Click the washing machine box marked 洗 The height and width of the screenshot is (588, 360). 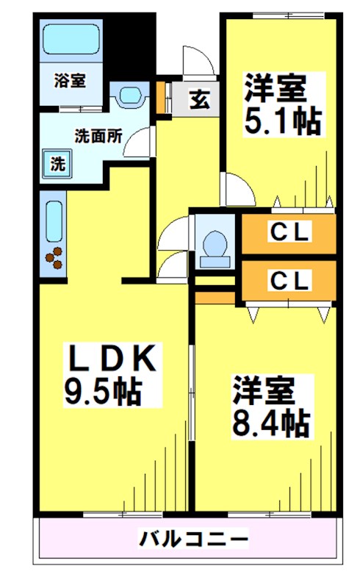coord(57,164)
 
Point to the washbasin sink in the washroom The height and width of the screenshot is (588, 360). coord(131,96)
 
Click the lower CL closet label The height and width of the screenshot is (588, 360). coord(289,279)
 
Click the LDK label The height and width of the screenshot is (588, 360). coord(110,358)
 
